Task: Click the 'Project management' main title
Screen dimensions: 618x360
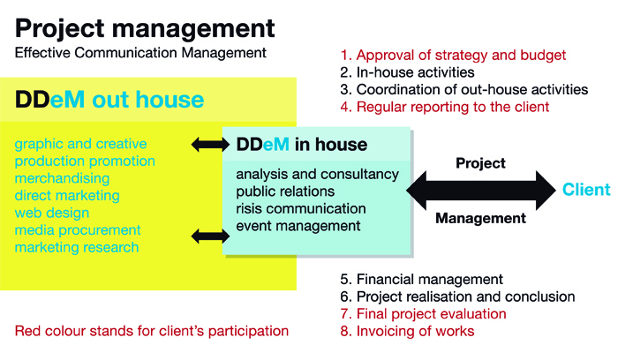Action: coord(145,29)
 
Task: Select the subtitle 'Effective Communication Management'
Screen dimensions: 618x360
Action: coord(140,53)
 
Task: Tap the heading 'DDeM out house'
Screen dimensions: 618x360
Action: coord(109,99)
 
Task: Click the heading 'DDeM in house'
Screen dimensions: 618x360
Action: coord(302,145)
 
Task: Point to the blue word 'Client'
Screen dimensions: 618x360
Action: coord(586,190)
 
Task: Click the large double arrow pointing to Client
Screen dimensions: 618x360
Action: coord(481,191)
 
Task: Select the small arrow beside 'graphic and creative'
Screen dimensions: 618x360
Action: coord(210,145)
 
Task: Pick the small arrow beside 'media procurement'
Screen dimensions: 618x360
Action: coord(210,236)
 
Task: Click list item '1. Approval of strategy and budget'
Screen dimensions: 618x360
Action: coord(453,56)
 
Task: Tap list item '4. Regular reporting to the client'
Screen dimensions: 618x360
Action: coord(445,107)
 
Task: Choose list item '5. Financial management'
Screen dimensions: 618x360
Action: coord(422,279)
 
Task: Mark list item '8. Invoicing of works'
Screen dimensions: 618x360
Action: coord(408,331)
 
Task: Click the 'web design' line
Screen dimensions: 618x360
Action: coord(52,213)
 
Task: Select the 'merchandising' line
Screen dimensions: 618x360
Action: coord(63,178)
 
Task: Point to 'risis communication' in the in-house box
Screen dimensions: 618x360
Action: coord(301,208)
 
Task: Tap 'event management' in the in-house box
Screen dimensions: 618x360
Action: coord(298,226)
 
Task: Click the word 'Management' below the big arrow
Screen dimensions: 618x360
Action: coord(481,218)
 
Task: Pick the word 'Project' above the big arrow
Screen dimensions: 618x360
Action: coord(481,163)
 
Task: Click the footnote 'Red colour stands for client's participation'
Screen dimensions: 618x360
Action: coord(152,331)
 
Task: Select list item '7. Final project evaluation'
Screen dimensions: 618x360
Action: coord(423,314)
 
